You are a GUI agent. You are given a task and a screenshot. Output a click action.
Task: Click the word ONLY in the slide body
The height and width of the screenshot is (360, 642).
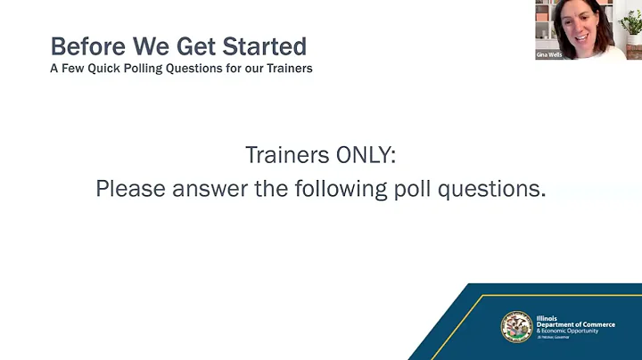(364, 155)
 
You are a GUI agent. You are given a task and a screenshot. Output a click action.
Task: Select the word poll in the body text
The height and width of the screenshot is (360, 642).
(416, 189)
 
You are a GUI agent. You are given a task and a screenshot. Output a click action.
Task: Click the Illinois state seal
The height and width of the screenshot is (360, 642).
(516, 327)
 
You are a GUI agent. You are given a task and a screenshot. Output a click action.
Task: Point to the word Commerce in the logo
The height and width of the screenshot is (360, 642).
(596, 324)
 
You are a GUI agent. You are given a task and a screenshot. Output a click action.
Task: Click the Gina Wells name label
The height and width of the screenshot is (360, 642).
(548, 54)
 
